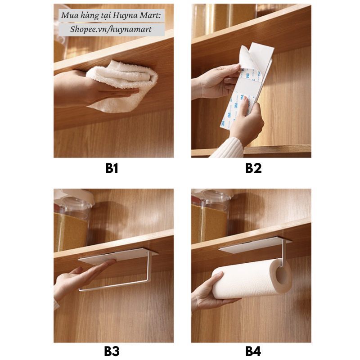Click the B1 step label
pyautogui.click(x=112, y=168)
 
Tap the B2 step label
pyautogui.click(x=253, y=168)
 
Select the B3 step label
pyautogui.click(x=112, y=351)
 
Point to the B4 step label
pyautogui.click(x=253, y=351)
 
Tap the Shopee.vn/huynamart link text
pyautogui.click(x=111, y=29)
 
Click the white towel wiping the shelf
pyautogui.click(x=121, y=86)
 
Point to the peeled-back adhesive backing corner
pyautogui.click(x=247, y=58)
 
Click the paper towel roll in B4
pyautogui.click(x=252, y=279)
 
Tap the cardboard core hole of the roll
pyautogui.click(x=282, y=275)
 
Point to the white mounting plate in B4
pyautogui.click(x=255, y=245)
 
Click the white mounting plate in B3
pyautogui.click(x=118, y=256)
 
